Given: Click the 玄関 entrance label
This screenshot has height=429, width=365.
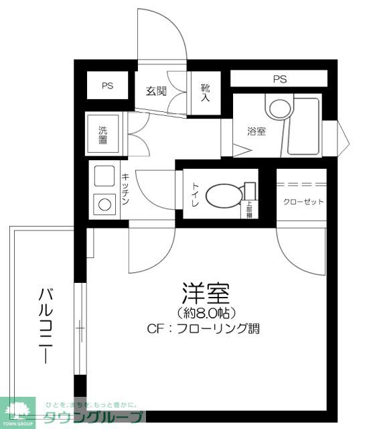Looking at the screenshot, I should point(156,91).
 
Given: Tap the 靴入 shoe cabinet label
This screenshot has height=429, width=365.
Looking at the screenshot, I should point(205,93).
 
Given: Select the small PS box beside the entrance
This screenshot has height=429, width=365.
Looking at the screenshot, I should point(107,86).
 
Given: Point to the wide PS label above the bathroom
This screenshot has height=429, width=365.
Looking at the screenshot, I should point(279,79).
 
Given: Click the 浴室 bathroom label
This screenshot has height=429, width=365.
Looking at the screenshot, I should point(256,131).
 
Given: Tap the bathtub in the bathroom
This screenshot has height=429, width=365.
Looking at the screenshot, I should point(307,127).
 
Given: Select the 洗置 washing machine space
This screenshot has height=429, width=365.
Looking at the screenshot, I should point(103,134).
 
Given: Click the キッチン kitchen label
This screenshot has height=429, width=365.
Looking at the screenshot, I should point(125,189).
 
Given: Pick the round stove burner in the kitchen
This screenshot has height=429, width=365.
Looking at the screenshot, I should point(104,203).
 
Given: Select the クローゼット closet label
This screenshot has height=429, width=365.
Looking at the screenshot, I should point(303,202).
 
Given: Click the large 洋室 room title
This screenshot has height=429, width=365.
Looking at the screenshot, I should point(206,294).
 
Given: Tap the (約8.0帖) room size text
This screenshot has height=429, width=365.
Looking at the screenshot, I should point(206,313).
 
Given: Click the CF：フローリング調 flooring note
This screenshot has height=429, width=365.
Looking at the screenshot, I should point(203,329).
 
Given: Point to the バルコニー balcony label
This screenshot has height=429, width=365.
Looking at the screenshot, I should point(46,325).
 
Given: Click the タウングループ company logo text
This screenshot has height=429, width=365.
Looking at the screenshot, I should point(94,417).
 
